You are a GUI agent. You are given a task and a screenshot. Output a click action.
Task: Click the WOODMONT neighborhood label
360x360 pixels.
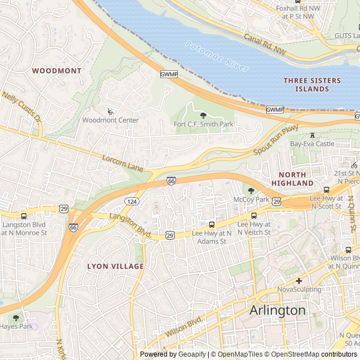click(57, 71)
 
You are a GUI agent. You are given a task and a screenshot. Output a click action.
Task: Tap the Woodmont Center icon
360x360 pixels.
click(110, 111)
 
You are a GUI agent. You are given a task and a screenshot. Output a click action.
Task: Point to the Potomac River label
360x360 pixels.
click(217, 56)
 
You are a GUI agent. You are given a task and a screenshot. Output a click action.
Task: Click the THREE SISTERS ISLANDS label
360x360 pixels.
click(312, 85)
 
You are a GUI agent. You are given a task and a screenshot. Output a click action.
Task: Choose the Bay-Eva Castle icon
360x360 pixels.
click(312, 135)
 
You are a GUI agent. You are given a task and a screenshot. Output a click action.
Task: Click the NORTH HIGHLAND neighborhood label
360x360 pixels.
click(292, 179)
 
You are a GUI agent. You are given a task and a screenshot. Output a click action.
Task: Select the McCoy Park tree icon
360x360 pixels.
click(251, 191)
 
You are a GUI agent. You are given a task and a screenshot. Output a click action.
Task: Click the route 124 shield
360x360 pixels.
click(132, 201)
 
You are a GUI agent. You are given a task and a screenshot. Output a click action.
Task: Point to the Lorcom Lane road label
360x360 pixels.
click(123, 163)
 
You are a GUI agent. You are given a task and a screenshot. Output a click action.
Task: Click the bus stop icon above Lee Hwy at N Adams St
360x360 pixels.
click(212, 224)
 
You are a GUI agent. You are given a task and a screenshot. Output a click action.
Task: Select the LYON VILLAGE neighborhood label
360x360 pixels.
click(115, 266)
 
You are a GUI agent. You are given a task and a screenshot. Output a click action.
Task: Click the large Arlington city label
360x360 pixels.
click(277, 310)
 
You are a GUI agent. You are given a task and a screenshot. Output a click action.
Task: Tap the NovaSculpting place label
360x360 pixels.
click(299, 290)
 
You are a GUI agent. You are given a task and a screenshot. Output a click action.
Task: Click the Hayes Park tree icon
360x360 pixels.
click(16, 318)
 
